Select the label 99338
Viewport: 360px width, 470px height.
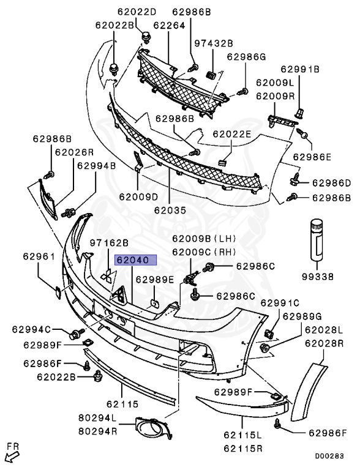point(317,277)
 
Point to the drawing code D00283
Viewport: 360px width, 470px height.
point(329,456)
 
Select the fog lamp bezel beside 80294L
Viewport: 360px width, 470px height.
point(153,428)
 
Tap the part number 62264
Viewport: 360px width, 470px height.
point(169,25)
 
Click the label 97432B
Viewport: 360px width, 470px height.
point(214,43)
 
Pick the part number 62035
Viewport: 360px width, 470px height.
point(170,210)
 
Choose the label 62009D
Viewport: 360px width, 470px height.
point(138,197)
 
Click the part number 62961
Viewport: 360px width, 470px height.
point(39,256)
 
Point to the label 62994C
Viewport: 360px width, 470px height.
point(31,329)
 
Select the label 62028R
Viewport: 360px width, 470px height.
point(324,343)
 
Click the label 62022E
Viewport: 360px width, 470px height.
point(232,133)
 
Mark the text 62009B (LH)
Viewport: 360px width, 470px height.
point(204,239)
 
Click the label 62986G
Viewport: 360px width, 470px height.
point(246,57)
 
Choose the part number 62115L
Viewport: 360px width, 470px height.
point(242,435)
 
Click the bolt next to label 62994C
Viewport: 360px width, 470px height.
point(76,334)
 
